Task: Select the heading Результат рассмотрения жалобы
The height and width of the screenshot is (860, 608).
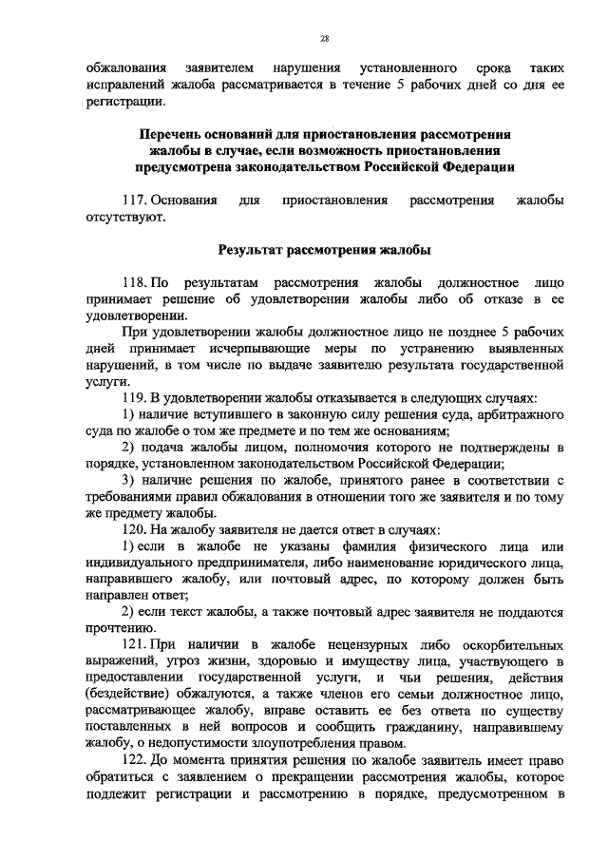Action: tap(324, 251)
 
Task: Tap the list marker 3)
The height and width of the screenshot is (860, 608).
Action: tap(131, 479)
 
